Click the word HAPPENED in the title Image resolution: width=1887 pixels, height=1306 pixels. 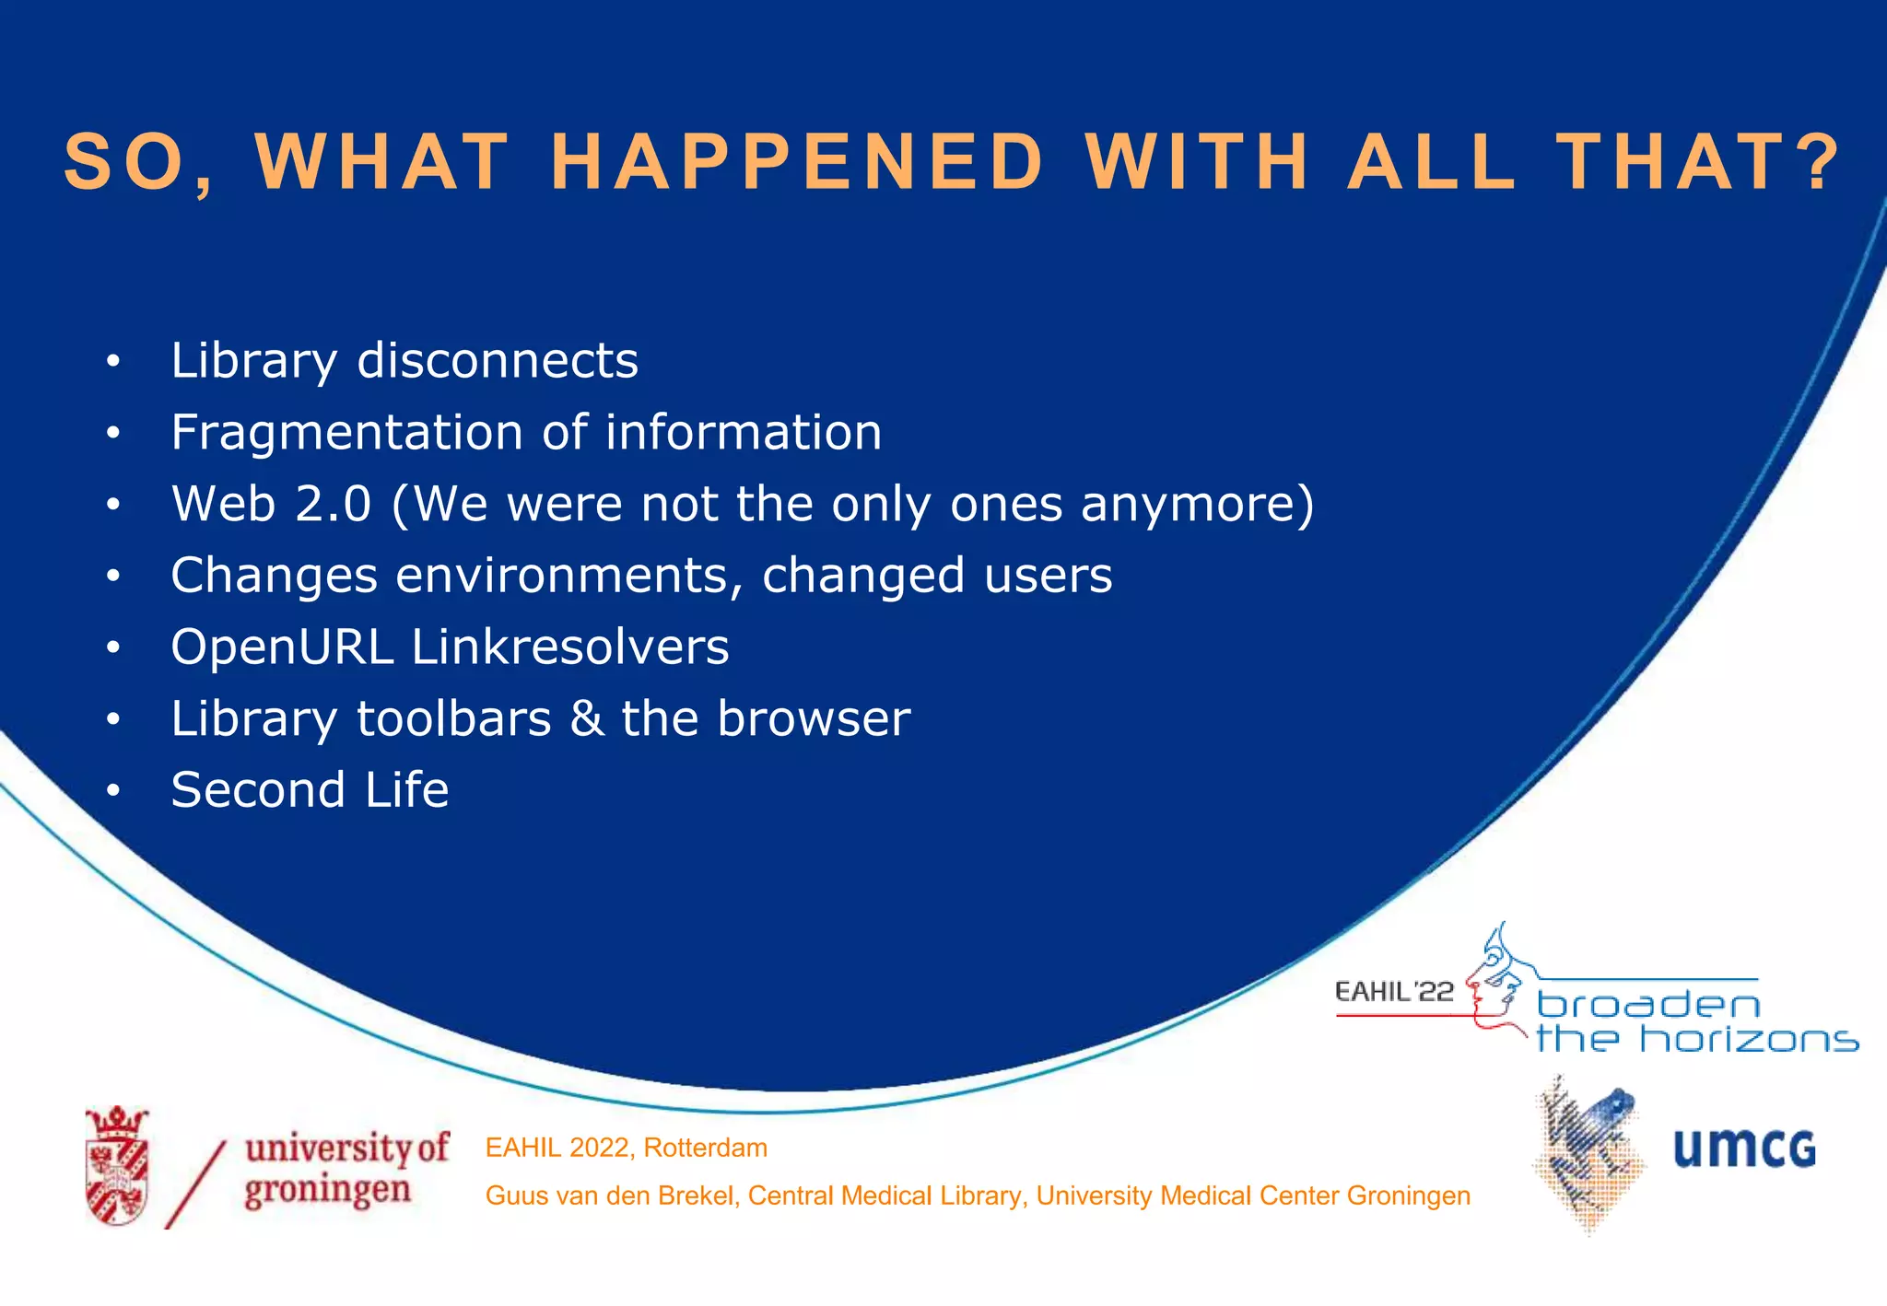pyautogui.click(x=798, y=162)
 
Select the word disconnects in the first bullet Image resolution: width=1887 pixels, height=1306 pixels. pyautogui.click(x=498, y=360)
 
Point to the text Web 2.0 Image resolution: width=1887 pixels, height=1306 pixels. pyautogui.click(x=272, y=504)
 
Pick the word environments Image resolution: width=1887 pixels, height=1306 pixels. pyautogui.click(x=569, y=576)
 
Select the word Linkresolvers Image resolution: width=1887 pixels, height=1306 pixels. pyautogui.click(x=570, y=647)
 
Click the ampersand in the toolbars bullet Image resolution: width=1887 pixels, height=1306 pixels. pyautogui.click(x=586, y=718)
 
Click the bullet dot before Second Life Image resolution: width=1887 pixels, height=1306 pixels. pyautogui.click(x=112, y=790)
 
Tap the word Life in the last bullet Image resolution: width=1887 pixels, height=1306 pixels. pyautogui.click(x=406, y=790)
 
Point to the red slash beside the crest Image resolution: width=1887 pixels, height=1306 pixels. pyautogui.click(x=195, y=1184)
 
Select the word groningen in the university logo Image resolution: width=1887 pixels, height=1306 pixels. pyautogui.click(x=328, y=1190)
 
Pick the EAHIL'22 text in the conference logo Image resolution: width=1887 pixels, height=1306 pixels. pyautogui.click(x=1393, y=992)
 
